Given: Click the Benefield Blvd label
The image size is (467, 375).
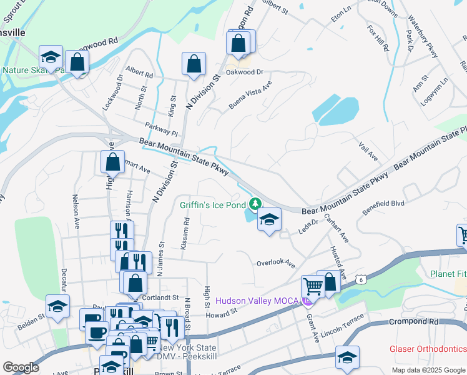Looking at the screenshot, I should (384, 208).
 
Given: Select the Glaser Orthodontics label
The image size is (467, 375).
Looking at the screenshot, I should (428, 349).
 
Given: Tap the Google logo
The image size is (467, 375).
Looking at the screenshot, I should (21, 367).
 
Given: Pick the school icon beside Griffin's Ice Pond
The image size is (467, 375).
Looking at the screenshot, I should (269, 219).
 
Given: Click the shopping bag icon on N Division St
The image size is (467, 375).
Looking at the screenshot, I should (194, 64).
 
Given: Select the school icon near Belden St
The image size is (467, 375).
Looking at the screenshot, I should (57, 307).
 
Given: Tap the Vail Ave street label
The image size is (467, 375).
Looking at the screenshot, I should (369, 151).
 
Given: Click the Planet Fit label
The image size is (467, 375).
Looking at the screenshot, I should (448, 274).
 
